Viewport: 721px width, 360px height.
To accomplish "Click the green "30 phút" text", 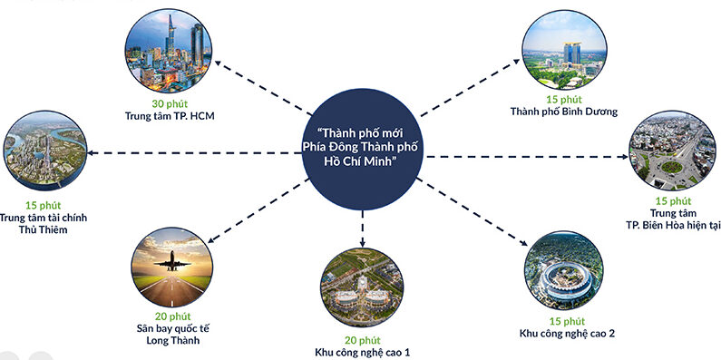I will point(168,103).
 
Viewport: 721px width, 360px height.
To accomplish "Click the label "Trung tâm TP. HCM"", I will point(169,116).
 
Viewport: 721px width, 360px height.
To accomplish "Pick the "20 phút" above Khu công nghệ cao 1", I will point(361,338).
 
